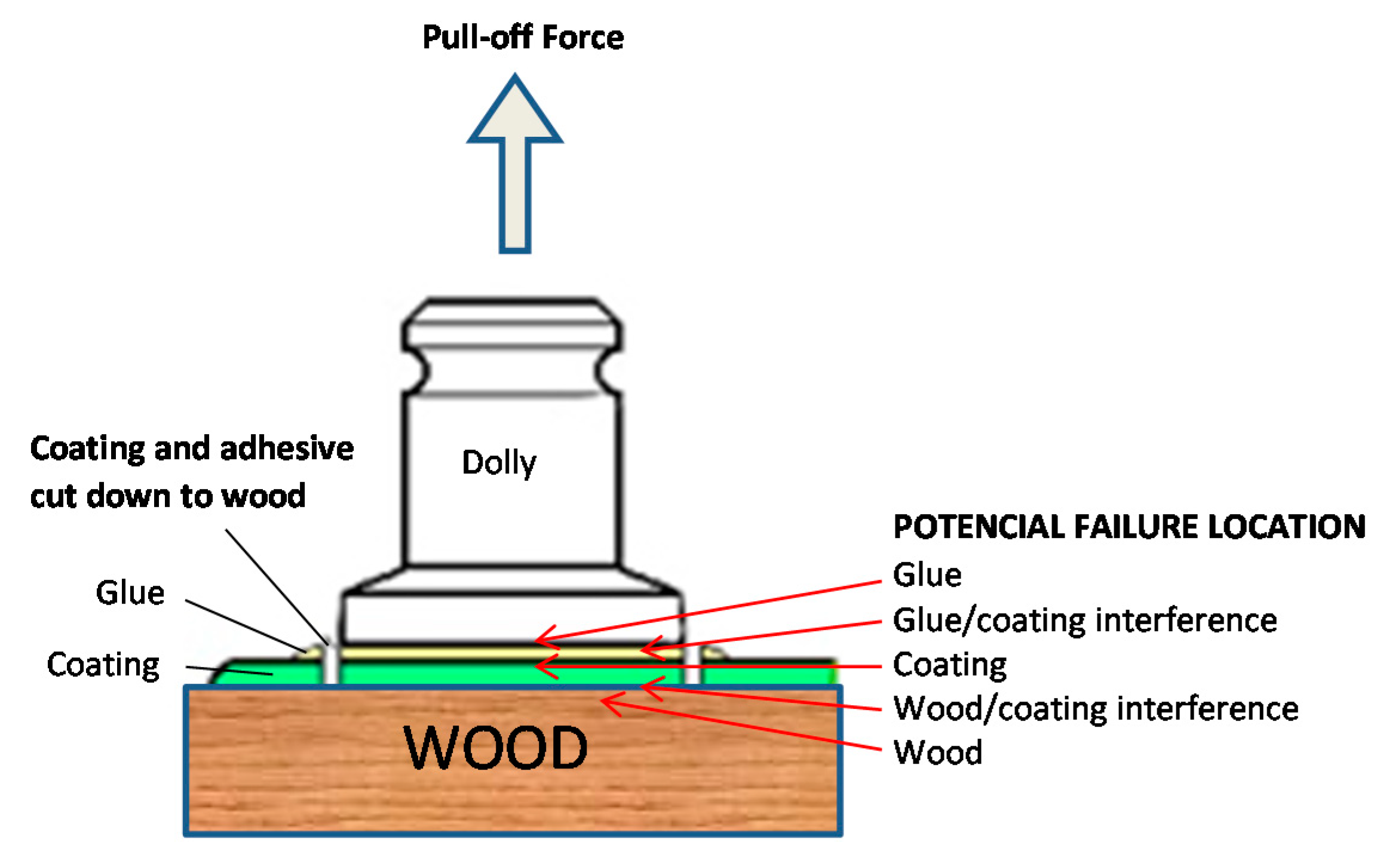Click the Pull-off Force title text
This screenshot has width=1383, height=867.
(x=523, y=37)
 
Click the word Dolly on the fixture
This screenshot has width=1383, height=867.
(x=499, y=462)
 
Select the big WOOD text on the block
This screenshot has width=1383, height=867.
(x=496, y=747)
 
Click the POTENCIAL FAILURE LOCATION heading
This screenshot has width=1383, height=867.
(x=1129, y=527)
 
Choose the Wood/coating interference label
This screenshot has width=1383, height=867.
(x=1095, y=708)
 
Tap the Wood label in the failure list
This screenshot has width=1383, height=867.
(x=937, y=752)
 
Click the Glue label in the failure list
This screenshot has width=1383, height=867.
(x=927, y=575)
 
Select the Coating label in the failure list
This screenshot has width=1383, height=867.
(x=949, y=664)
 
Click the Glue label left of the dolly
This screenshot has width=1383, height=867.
(x=130, y=592)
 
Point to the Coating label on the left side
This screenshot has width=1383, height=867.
(x=103, y=665)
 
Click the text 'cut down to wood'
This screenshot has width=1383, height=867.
(x=167, y=496)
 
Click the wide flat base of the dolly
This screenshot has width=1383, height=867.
(x=512, y=618)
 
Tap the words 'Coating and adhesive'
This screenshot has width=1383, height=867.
(x=191, y=448)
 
